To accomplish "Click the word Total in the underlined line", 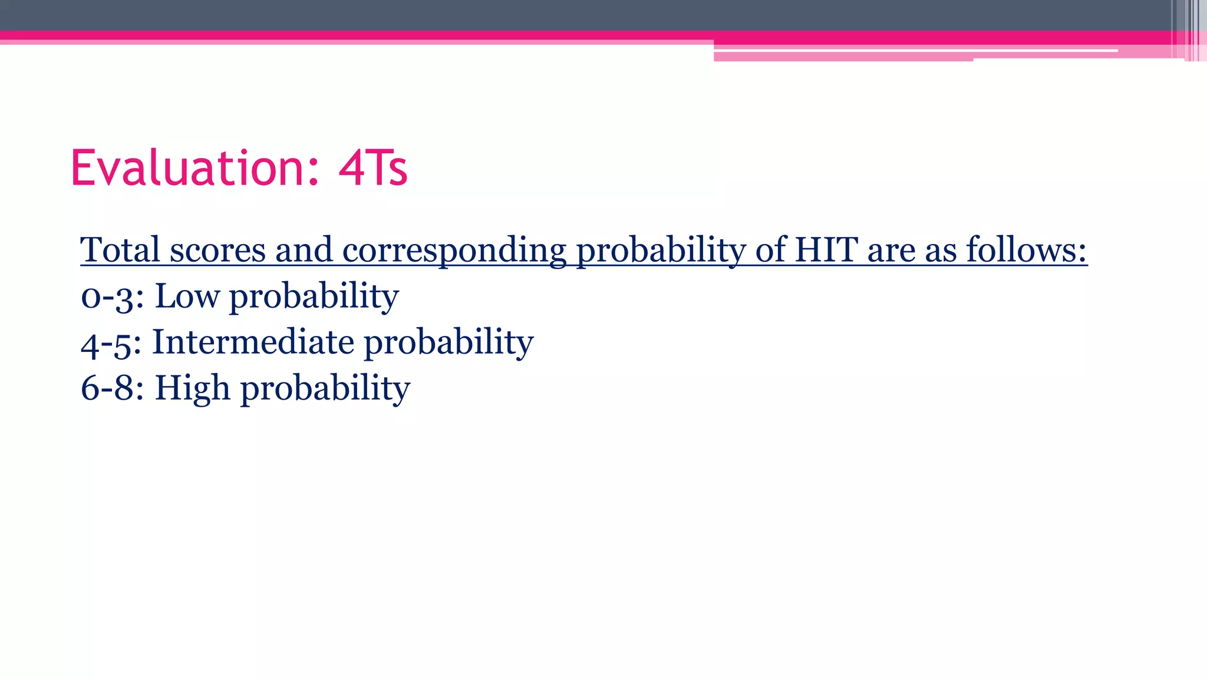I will click(x=120, y=249).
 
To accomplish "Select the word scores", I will click(x=217, y=249).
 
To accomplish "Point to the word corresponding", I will click(x=454, y=250).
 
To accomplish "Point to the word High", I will click(x=192, y=388).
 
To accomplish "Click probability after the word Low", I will click(x=314, y=296).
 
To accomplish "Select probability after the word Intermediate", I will click(x=448, y=343).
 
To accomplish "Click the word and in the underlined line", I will click(x=304, y=249).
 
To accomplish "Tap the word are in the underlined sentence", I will click(x=891, y=250).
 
